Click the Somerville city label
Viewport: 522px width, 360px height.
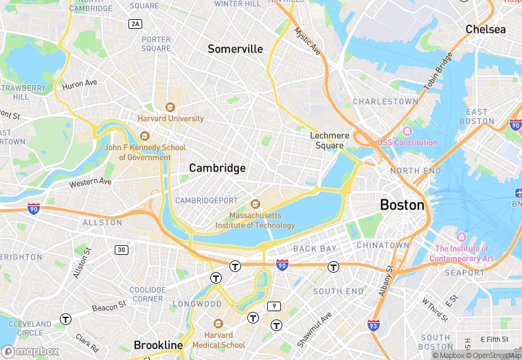pyautogui.click(x=236, y=49)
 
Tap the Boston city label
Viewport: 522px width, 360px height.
pyautogui.click(x=402, y=205)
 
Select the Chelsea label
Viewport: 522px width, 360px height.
pyautogui.click(x=485, y=30)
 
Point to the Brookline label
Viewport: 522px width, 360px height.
pyautogui.click(x=158, y=345)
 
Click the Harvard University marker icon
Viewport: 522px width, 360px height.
pyautogui.click(x=170, y=107)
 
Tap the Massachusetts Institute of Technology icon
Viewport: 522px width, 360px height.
pyautogui.click(x=255, y=204)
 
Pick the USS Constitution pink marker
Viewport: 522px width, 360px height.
pyautogui.click(x=407, y=131)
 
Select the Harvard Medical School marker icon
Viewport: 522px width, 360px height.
pyautogui.click(x=218, y=324)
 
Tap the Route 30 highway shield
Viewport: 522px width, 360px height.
pyautogui.click(x=121, y=249)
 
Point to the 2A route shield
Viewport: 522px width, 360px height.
pyautogui.click(x=135, y=24)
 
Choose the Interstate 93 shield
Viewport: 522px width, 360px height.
pyautogui.click(x=374, y=325)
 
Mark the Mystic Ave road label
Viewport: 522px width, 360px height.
pyautogui.click(x=307, y=41)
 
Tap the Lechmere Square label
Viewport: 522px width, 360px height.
pyautogui.click(x=329, y=141)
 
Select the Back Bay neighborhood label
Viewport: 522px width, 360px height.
pyautogui.click(x=315, y=248)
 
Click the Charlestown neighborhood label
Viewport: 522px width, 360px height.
pyautogui.click(x=385, y=102)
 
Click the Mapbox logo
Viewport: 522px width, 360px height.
pyautogui.click(x=31, y=351)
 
